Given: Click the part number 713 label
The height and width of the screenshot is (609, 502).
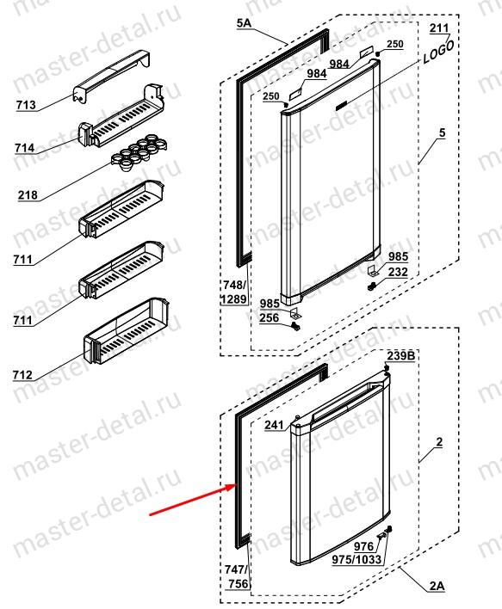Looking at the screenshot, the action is click(x=26, y=105).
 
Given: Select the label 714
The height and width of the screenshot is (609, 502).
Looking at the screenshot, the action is click(x=25, y=148).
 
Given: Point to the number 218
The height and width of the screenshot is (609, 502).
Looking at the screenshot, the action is click(x=28, y=194).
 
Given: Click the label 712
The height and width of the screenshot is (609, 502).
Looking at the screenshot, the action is click(x=22, y=375).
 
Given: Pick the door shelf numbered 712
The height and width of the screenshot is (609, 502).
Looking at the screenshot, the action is click(x=127, y=332).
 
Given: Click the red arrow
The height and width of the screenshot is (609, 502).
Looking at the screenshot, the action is click(x=193, y=499).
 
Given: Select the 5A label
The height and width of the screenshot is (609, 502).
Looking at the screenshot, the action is click(x=245, y=23).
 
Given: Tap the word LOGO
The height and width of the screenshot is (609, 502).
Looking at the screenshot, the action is click(x=438, y=52).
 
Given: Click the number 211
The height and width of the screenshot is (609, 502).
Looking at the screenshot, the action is click(x=439, y=28).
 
